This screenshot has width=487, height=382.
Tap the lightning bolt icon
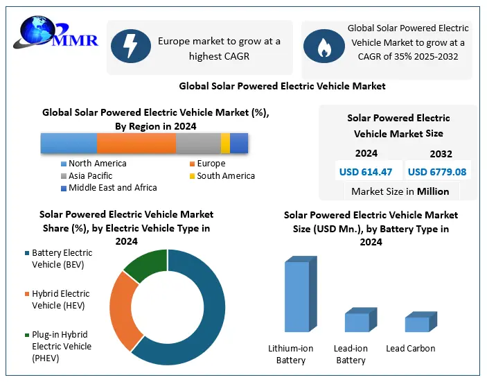pyautogui.click(x=130, y=47)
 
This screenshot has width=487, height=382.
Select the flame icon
pyautogui.click(x=323, y=47)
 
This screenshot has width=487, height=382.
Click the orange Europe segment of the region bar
pyautogui.click(x=136, y=143)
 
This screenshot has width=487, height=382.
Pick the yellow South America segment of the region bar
pyautogui.click(x=225, y=143)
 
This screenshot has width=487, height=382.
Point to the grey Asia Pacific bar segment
pyautogui.click(x=198, y=143)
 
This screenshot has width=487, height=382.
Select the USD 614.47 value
pyautogui.click(x=366, y=171)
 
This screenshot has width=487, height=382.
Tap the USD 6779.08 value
pyautogui.click(x=437, y=171)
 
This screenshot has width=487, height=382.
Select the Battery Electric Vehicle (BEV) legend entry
pyautogui.click(x=61, y=259)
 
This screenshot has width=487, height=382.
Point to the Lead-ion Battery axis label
pyautogui.click(x=351, y=354)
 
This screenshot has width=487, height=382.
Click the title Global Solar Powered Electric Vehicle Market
pyautogui.click(x=282, y=86)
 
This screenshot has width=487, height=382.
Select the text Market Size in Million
pyautogui.click(x=400, y=191)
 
